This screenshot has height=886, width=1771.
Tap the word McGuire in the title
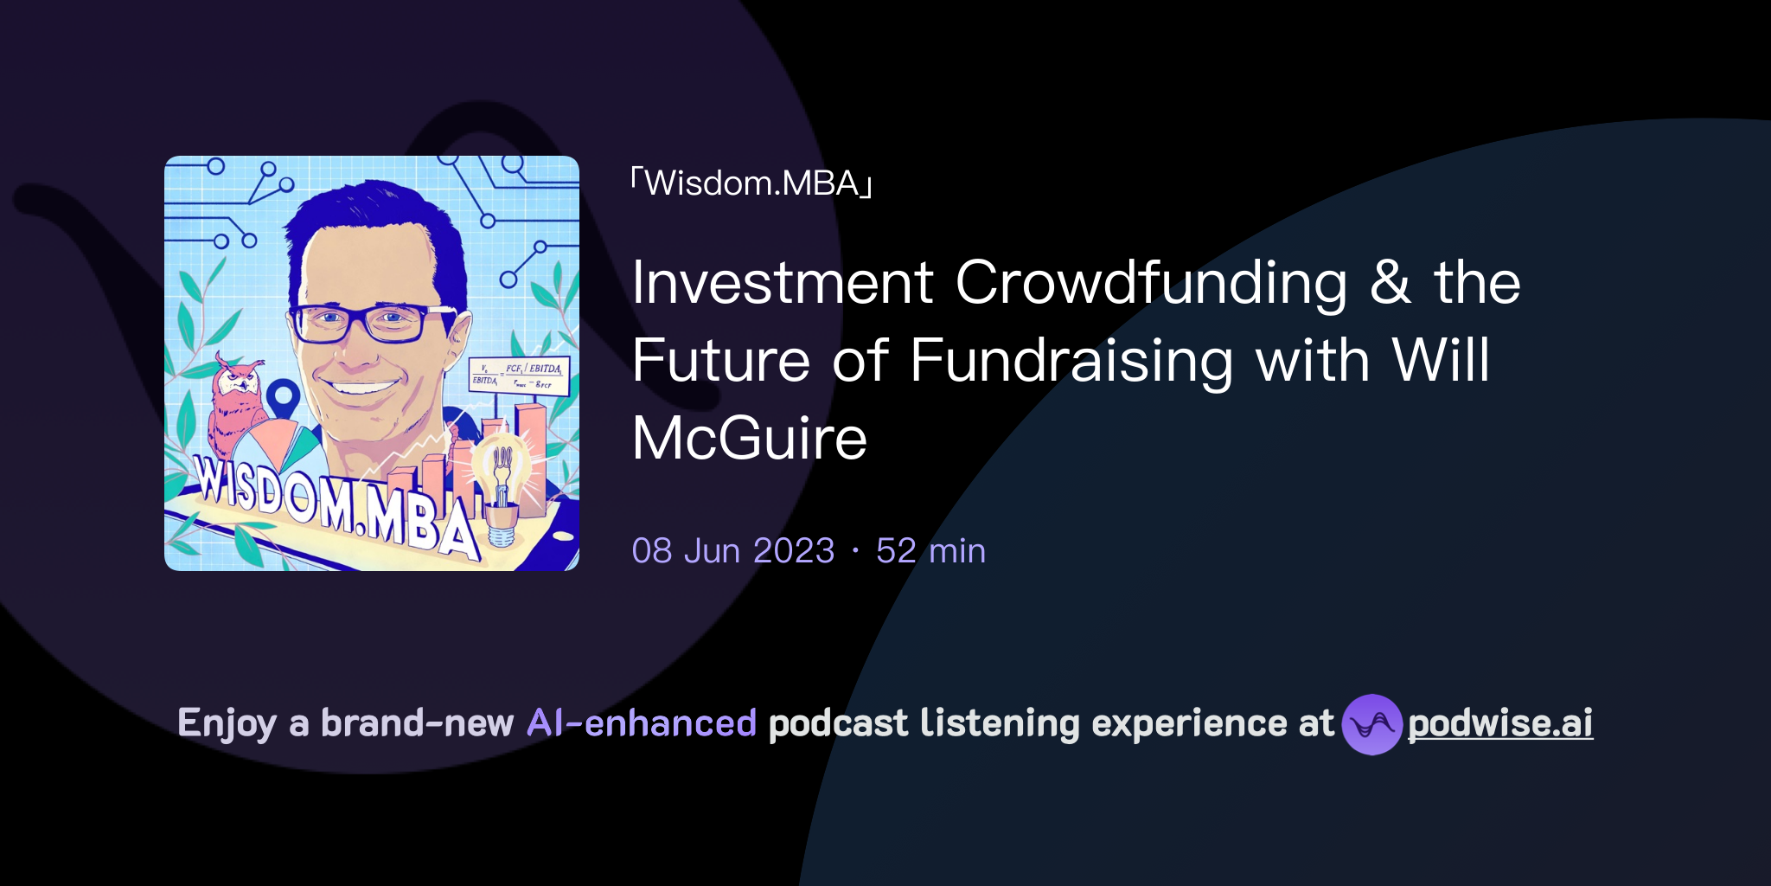click(x=749, y=438)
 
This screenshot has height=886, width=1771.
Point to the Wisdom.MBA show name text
click(x=751, y=183)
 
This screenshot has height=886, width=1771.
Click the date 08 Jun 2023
click(x=733, y=550)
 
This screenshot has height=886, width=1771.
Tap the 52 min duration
click(x=930, y=550)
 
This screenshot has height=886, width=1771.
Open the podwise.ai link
click(x=1500, y=723)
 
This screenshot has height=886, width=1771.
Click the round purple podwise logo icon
click(x=1371, y=724)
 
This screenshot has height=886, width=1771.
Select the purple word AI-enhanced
click(x=642, y=723)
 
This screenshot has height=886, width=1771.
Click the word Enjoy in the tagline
click(x=227, y=723)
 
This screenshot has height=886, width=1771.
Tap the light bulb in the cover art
click(x=502, y=485)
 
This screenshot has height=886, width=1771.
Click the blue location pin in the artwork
click(x=282, y=400)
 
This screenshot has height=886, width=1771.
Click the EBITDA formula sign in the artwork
click(x=520, y=376)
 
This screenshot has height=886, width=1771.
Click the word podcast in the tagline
click(x=838, y=723)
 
